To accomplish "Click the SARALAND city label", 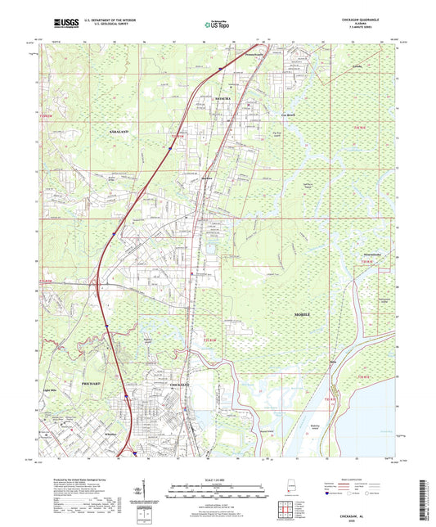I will click(119, 130).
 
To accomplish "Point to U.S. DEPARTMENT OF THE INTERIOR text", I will click(104, 22).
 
